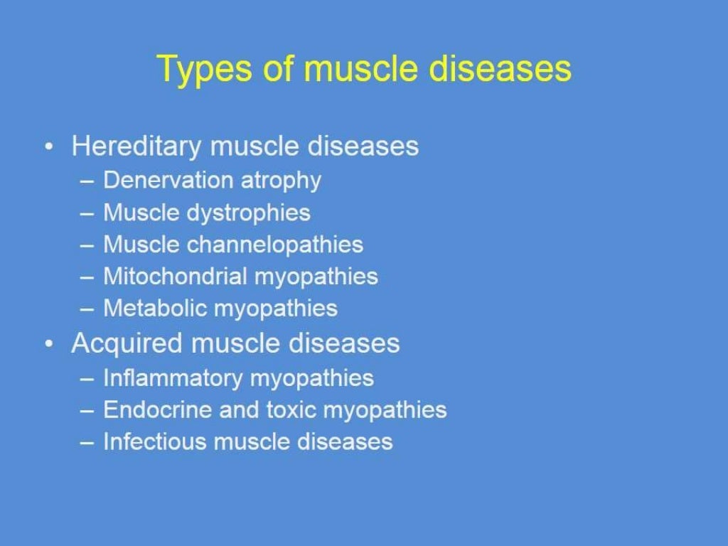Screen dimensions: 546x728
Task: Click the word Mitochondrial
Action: click(174, 276)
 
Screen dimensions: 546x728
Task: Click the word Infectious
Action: click(154, 441)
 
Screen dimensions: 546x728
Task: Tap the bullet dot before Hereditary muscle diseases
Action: click(48, 147)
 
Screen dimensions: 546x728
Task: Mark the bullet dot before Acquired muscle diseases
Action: click(48, 344)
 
